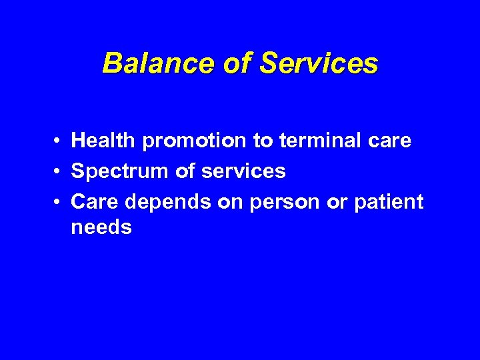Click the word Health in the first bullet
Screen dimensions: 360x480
(x=103, y=141)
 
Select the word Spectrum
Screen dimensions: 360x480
(x=121, y=172)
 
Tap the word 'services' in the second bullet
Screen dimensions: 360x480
(x=243, y=171)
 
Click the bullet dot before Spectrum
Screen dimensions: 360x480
(x=59, y=172)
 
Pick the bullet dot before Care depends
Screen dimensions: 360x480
(x=59, y=202)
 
